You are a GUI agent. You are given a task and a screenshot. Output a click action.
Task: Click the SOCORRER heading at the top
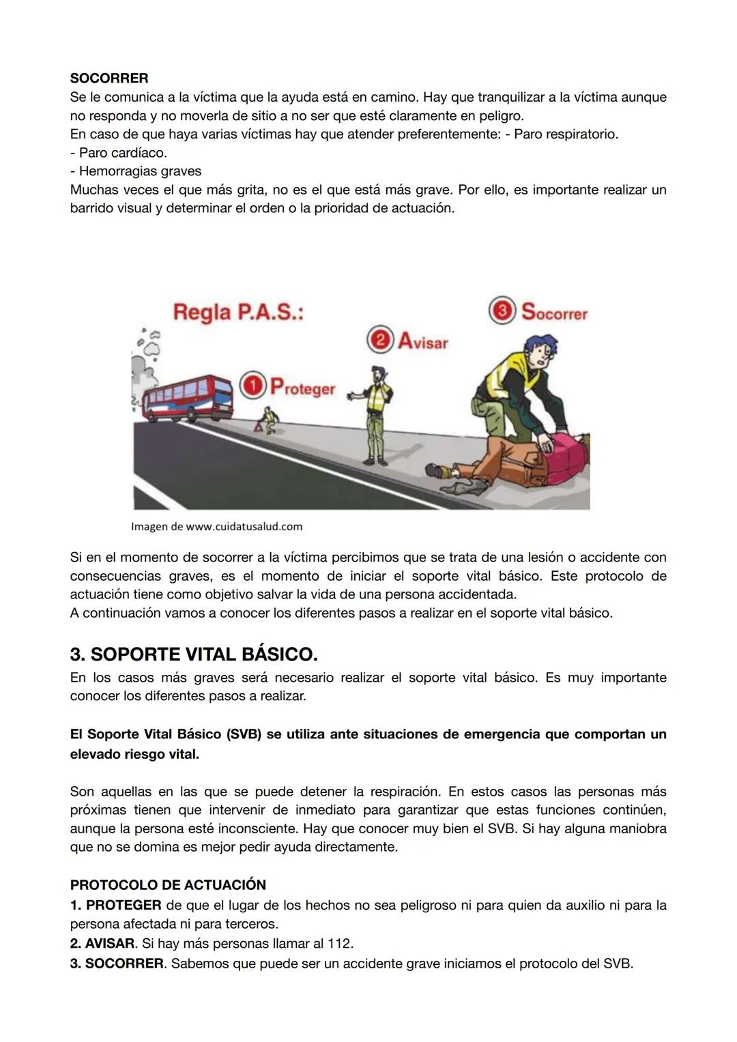tap(109, 78)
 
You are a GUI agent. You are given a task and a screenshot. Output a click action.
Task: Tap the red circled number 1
tap(252, 386)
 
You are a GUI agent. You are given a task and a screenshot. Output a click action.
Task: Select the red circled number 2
tap(379, 339)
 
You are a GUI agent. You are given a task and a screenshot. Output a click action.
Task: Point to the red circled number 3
tap(502, 310)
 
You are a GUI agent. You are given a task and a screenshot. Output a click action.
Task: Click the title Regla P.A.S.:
tap(238, 313)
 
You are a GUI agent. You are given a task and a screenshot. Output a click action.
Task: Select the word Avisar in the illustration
tap(422, 341)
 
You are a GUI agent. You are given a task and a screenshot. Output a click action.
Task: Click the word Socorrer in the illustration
tap(554, 313)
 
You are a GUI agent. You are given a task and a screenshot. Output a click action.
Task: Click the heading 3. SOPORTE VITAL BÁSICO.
tap(194, 654)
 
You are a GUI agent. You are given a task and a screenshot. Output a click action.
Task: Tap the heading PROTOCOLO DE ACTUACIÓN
tap(168, 884)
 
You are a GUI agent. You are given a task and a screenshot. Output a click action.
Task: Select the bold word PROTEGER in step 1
tap(124, 906)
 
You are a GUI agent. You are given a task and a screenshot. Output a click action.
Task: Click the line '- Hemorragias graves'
tap(136, 171)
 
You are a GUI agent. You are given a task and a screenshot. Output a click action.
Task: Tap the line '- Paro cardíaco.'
tap(119, 153)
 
